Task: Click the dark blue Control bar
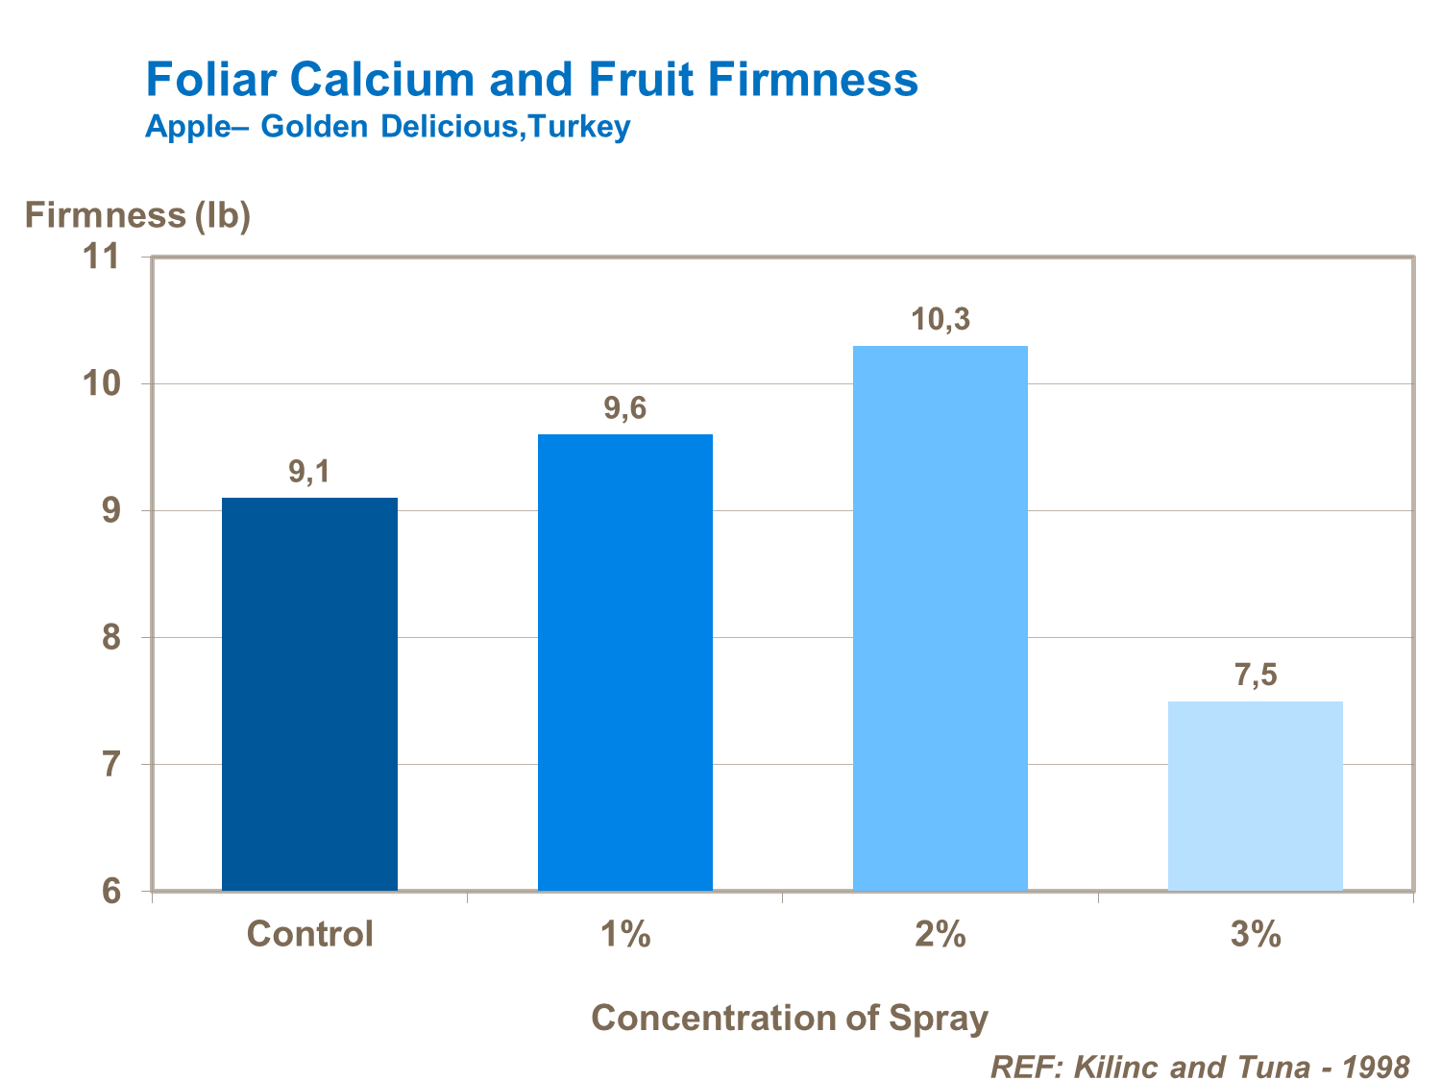pyautogui.click(x=309, y=694)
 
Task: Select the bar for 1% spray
pyautogui.click(x=625, y=662)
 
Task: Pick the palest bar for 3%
pyautogui.click(x=1255, y=796)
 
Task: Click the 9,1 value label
pyautogui.click(x=309, y=472)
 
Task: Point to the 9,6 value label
pyautogui.click(x=625, y=408)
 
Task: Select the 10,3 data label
pyautogui.click(x=940, y=320)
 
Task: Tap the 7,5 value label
pyautogui.click(x=1255, y=676)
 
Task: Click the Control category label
pyautogui.click(x=309, y=934)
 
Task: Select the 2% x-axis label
pyautogui.click(x=940, y=934)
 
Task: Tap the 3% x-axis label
pyautogui.click(x=1255, y=934)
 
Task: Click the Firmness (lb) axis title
pyautogui.click(x=137, y=215)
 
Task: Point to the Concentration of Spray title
pyautogui.click(x=789, y=1018)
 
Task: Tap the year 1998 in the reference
pyautogui.click(x=1375, y=1067)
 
